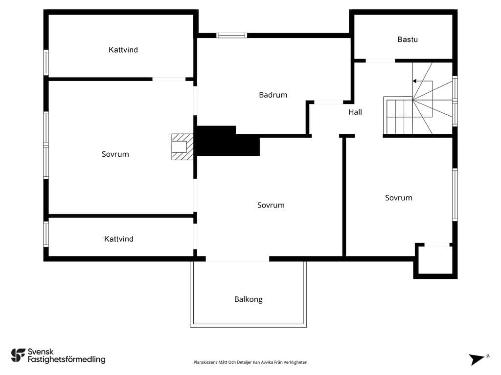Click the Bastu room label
tap(408, 40)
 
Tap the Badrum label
tap(273, 95)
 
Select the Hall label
tap(355, 112)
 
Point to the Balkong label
tap(248, 299)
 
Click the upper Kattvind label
tap(123, 50)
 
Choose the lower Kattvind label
tap(118, 239)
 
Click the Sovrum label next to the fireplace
tap(115, 154)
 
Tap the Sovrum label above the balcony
tap(271, 206)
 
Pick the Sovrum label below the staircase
tap(398, 198)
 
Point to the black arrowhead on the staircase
tap(414, 81)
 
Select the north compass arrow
tap(478, 359)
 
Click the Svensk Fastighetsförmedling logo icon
tap(18, 355)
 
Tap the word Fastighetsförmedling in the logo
tap(67, 360)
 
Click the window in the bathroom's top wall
tap(231, 35)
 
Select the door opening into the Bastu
tap(380, 61)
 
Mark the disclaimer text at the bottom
tap(250, 362)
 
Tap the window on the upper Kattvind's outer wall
tap(46, 62)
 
